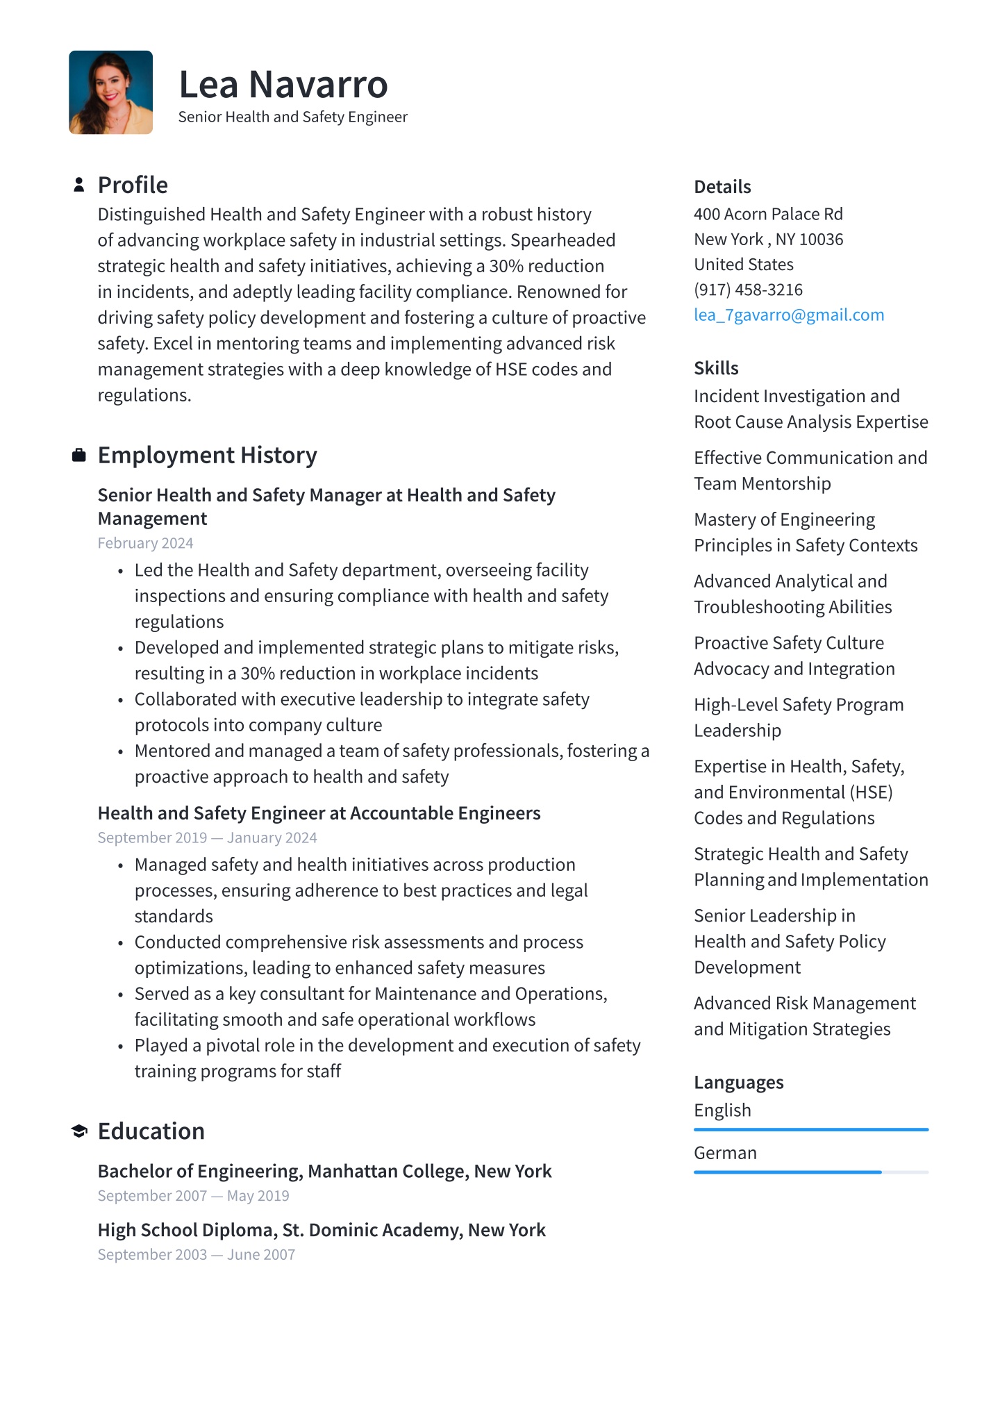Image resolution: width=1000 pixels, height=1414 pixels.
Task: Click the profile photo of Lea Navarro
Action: pos(110,92)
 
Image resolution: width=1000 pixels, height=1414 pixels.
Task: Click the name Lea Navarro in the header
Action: pos(283,85)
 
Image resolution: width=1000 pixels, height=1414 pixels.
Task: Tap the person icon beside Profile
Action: pos(79,185)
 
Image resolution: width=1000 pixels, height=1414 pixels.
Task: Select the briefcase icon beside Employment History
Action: pos(79,455)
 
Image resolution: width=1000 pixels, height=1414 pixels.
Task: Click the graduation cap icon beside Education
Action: pos(79,1131)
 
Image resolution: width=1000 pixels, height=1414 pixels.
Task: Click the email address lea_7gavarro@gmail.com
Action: pos(789,315)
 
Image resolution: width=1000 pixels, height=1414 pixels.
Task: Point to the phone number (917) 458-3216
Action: pos(748,290)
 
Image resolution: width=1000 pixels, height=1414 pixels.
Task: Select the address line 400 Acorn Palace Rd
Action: pos(768,214)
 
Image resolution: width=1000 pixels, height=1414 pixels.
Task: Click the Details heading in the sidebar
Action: pos(722,187)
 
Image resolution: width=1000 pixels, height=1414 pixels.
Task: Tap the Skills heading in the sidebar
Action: pos(716,368)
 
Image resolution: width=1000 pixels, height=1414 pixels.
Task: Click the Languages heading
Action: pos(738,1082)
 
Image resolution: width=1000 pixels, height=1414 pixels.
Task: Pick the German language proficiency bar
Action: pos(810,1172)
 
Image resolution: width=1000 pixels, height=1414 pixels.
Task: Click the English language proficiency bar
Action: pos(810,1130)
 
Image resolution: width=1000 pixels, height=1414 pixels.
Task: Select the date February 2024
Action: pos(145,543)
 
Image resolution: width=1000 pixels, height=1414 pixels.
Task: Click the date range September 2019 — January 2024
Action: pos(207,838)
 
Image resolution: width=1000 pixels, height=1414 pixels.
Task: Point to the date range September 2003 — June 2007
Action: pos(196,1254)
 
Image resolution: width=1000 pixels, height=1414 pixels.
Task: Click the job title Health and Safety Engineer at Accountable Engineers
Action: pos(319,813)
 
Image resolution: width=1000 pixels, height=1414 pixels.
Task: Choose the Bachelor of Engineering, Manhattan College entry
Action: pos(324,1171)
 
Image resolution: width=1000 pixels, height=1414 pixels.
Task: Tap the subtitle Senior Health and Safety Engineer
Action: pos(292,117)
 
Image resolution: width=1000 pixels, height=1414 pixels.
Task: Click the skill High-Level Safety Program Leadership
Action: pos(799,717)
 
